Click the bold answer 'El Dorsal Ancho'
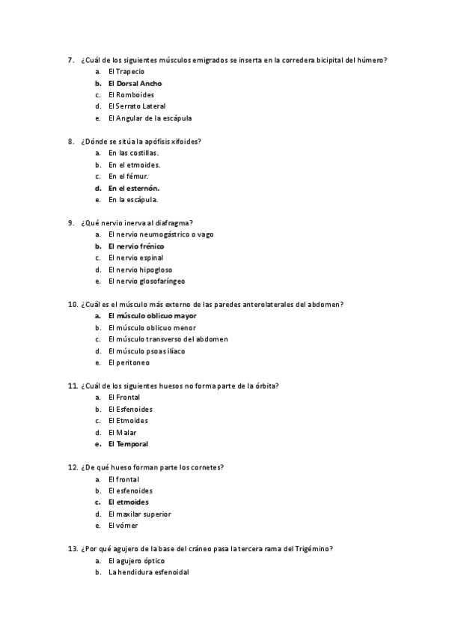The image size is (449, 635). (135, 83)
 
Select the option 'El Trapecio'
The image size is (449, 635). (126, 71)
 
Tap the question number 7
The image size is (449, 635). (70, 60)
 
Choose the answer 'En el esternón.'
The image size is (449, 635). (134, 188)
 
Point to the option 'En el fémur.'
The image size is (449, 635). (128, 176)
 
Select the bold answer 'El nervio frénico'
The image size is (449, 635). (136, 246)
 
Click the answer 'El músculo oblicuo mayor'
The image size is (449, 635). (153, 315)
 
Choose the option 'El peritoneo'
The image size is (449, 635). (129, 362)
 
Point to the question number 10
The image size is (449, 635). (73, 304)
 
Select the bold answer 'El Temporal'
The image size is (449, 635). (128, 444)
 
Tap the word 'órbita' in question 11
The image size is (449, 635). (264, 386)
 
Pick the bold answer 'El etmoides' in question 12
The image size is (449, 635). (128, 502)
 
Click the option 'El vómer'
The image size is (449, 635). (123, 526)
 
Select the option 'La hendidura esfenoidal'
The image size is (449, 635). (148, 572)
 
